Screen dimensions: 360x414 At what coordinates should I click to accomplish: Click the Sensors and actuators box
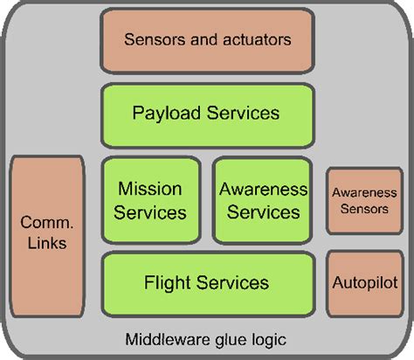click(x=207, y=40)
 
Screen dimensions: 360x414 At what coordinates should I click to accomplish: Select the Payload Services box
click(x=207, y=113)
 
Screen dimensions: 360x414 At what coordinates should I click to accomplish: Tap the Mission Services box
click(x=151, y=200)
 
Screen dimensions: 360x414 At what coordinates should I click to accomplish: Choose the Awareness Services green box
click(x=263, y=200)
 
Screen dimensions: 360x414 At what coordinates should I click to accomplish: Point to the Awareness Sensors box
click(x=362, y=201)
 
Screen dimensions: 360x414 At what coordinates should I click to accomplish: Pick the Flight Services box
click(x=207, y=282)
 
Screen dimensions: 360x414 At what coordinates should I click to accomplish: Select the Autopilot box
click(x=362, y=283)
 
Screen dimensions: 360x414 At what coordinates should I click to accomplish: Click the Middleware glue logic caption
click(x=206, y=338)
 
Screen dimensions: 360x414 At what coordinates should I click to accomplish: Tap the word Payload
click(x=162, y=113)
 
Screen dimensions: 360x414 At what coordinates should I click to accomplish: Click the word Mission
click(x=151, y=189)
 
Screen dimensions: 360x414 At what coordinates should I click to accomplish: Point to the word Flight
click(x=164, y=282)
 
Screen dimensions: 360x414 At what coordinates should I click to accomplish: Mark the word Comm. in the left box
click(x=47, y=222)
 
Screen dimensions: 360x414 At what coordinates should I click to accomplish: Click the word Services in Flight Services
click(x=231, y=282)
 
